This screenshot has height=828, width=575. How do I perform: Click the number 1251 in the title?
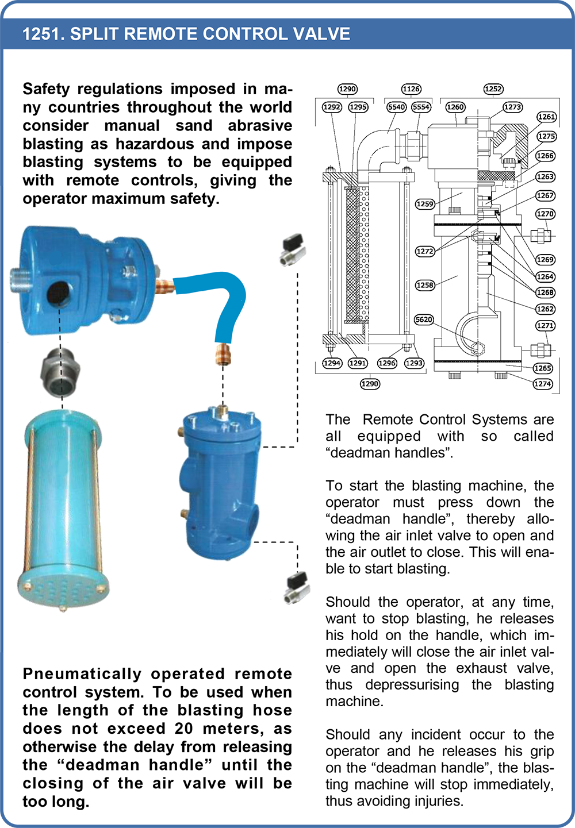(40, 34)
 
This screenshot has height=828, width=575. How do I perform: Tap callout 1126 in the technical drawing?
(411, 89)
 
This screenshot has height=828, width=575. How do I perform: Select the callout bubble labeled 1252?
(493, 89)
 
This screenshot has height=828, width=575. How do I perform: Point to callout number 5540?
(396, 107)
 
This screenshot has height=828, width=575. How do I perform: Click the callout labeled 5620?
(424, 319)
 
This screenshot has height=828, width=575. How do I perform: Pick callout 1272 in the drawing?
(425, 251)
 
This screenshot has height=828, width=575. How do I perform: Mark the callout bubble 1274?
(542, 384)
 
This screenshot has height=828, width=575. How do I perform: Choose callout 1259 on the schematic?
(425, 204)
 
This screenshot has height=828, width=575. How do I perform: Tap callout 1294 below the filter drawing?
(332, 363)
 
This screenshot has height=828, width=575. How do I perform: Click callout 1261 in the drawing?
(546, 117)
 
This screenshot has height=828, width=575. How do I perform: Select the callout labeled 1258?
(425, 285)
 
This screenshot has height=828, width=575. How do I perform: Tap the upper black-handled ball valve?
(293, 249)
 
